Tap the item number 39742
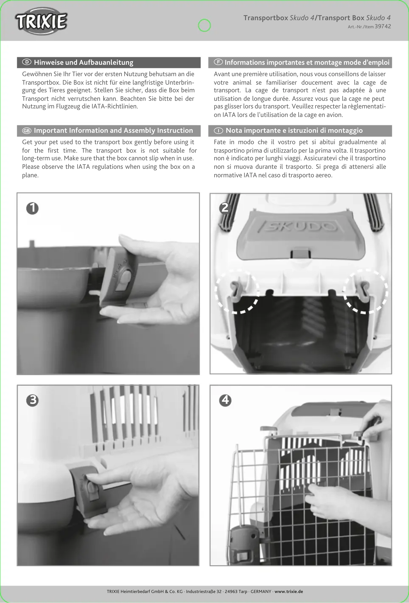(x=383, y=26)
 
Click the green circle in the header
(x=204, y=25)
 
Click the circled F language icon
(x=218, y=62)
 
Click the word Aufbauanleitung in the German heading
(x=106, y=63)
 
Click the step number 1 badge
(x=32, y=208)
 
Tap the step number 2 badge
(x=225, y=208)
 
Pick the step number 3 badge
(x=32, y=400)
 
